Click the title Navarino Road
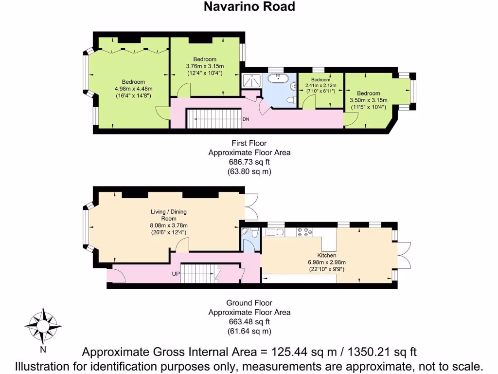(249, 6)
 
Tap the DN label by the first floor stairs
(247, 119)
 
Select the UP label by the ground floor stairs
(176, 274)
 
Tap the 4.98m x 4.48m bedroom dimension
(133, 89)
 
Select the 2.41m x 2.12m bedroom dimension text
(320, 85)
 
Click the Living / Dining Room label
(168, 215)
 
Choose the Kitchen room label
(327, 255)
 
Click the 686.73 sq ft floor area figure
(249, 162)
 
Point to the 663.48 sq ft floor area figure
(249, 322)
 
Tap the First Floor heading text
(249, 143)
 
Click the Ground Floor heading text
(249, 303)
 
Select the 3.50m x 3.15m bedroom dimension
(368, 101)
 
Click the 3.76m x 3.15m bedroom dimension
(205, 66)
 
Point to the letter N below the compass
(43, 349)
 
